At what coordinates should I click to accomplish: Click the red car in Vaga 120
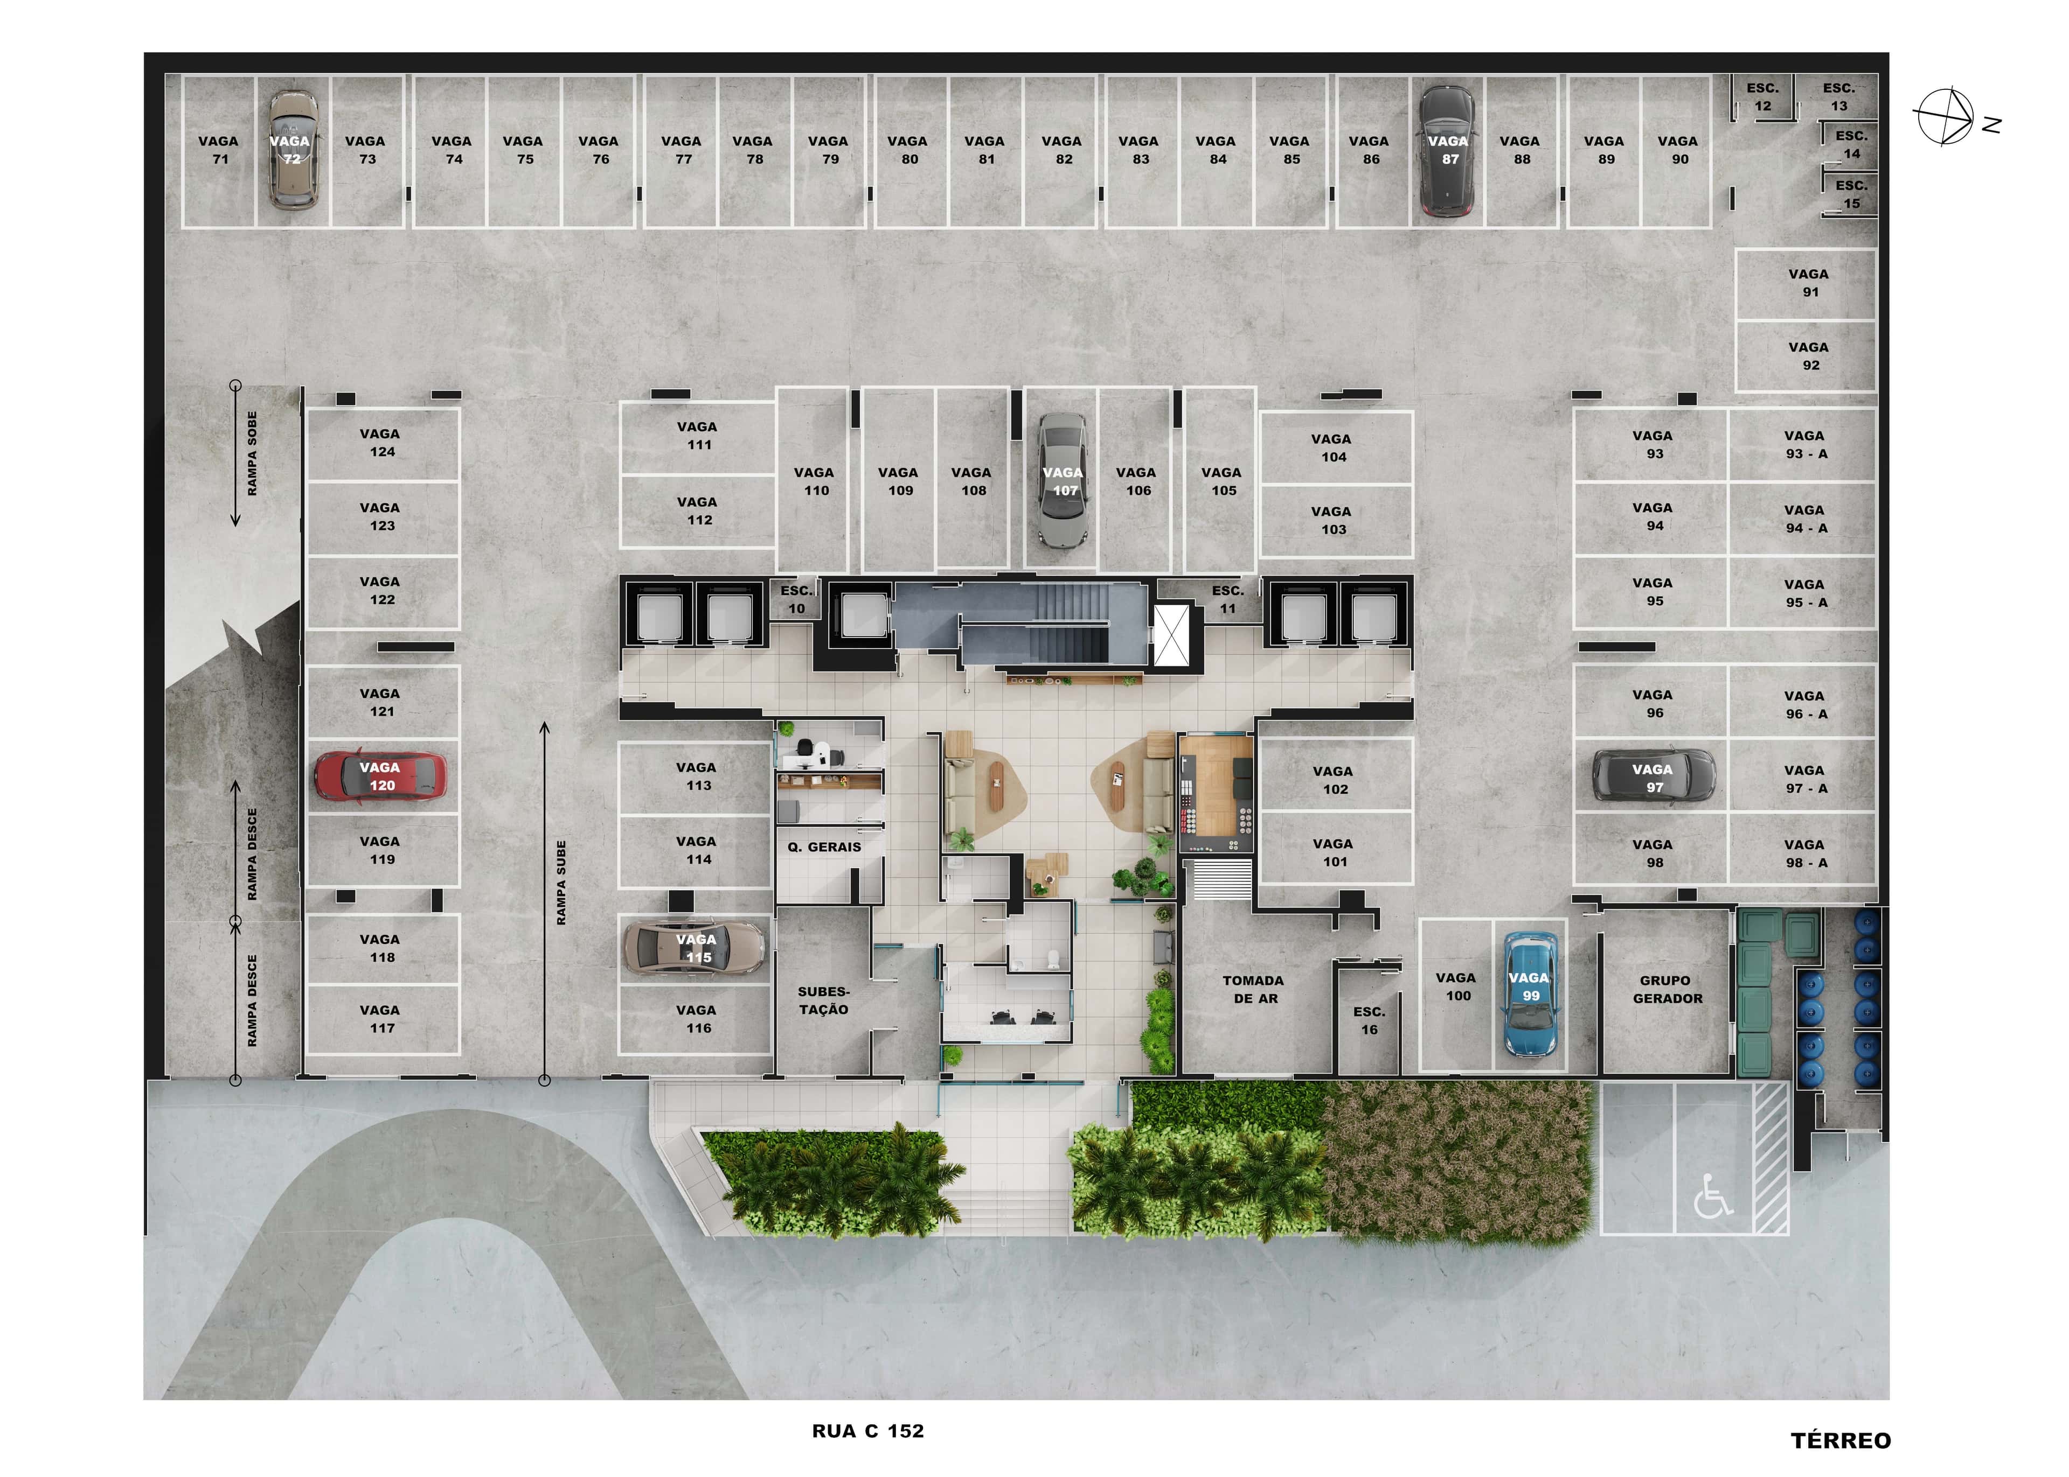[380, 776]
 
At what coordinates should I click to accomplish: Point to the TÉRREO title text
[1841, 1440]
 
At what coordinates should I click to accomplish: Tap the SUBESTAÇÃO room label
[823, 1000]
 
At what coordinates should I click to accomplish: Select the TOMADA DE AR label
[1254, 990]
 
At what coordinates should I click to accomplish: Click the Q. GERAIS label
[824, 846]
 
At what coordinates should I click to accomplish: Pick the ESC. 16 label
[1369, 1020]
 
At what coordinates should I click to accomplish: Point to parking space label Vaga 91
[1809, 283]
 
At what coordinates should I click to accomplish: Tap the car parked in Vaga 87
[1448, 151]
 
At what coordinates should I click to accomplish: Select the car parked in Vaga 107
[1063, 480]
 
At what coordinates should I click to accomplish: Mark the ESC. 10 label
[796, 599]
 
